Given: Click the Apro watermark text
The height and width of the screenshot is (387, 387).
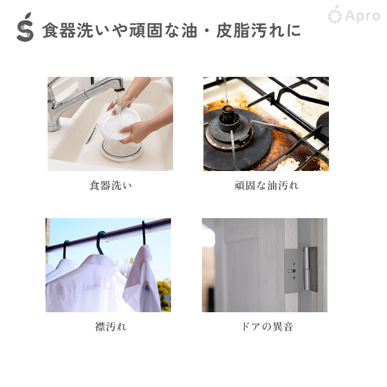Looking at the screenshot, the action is [362, 16].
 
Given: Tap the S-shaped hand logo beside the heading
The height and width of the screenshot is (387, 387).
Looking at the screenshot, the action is [25, 27].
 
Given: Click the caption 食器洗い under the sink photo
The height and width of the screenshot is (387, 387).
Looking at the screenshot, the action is [110, 185].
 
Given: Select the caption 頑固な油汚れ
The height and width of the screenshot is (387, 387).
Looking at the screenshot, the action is [267, 185].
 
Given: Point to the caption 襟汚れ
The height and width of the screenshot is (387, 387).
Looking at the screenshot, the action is [111, 326].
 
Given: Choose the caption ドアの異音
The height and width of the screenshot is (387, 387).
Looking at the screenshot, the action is [267, 326].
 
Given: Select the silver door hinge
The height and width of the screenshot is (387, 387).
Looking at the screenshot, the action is [301, 270].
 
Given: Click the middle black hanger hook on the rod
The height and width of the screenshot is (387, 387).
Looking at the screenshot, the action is [100, 243].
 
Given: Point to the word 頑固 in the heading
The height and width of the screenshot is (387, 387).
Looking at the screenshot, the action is [145, 31].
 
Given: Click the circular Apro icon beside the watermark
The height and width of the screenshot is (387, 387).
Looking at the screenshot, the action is [335, 15].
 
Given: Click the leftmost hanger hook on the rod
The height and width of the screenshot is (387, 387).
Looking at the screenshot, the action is [65, 249].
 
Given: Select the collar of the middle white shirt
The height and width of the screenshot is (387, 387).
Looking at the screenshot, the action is [99, 262].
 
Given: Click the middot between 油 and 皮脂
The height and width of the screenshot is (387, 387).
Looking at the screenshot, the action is [207, 31].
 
